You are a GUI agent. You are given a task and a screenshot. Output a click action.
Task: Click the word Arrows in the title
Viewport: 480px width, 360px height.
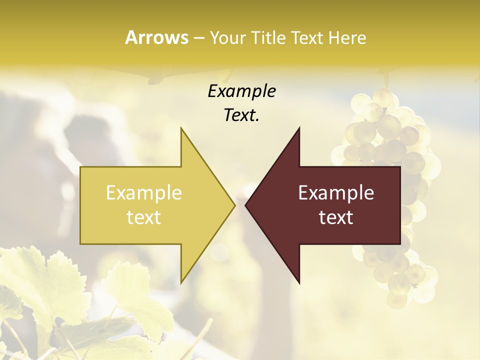point(156,37)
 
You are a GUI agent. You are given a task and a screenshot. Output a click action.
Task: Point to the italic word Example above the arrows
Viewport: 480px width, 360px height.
point(242,91)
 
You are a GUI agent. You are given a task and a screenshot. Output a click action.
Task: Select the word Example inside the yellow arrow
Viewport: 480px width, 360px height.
point(144,193)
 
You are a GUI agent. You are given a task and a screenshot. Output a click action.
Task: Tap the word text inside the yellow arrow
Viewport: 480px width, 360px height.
point(144,217)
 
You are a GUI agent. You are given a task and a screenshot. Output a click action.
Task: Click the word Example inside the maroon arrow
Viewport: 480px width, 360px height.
point(336,193)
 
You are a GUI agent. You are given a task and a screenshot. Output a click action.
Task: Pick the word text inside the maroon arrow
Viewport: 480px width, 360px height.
point(336,217)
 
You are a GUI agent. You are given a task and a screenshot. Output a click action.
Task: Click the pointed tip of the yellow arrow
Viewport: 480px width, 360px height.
point(234,205)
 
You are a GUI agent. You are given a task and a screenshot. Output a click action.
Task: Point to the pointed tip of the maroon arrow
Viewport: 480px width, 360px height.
point(245,205)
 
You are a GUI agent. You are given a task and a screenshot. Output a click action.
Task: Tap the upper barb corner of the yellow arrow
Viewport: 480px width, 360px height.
point(181,128)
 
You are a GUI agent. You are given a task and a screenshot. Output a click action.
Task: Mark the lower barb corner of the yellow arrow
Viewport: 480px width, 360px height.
point(181,283)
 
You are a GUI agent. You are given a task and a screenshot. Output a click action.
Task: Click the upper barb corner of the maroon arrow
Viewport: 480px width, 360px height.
point(299,128)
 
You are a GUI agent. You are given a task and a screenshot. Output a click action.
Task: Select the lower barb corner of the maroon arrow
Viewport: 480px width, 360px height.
point(299,283)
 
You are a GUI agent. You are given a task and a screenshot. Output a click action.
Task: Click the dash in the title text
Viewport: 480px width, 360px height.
point(198,38)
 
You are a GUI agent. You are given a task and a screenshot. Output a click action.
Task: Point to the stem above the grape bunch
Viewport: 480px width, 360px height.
point(386,80)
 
